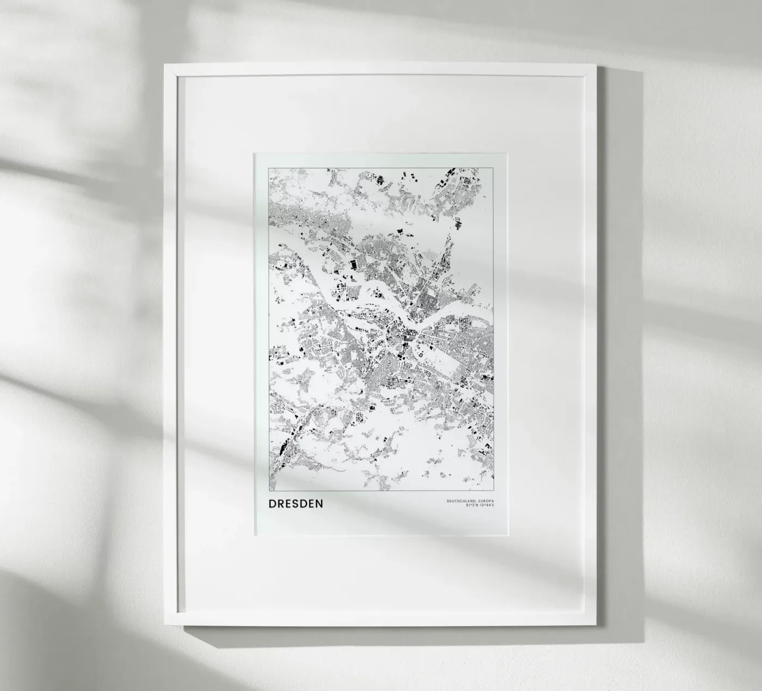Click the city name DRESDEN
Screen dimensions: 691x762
296,504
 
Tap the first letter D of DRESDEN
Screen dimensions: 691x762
272,504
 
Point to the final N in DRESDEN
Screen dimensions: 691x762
319,504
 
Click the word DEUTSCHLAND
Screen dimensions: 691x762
459,500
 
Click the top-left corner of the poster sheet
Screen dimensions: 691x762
254,154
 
